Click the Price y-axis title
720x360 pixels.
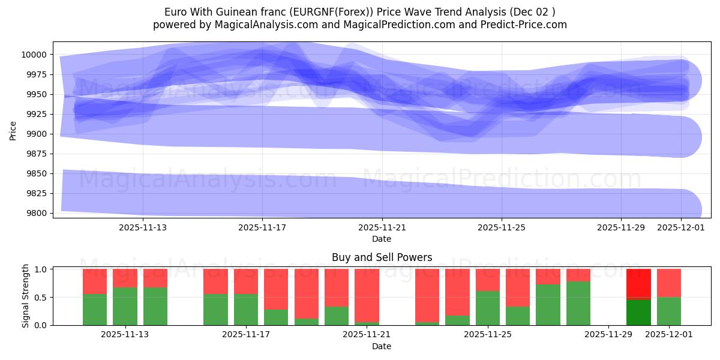[x=13, y=130]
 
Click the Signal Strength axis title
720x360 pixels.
[x=25, y=296]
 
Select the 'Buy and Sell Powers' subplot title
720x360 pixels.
[x=382, y=257]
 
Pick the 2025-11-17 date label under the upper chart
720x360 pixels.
[x=262, y=227]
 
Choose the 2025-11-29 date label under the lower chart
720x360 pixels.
[x=608, y=335]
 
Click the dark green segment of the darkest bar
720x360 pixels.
[x=638, y=312]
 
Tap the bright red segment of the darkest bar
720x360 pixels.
[x=638, y=283]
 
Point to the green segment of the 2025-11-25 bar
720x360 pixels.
[x=488, y=308]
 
